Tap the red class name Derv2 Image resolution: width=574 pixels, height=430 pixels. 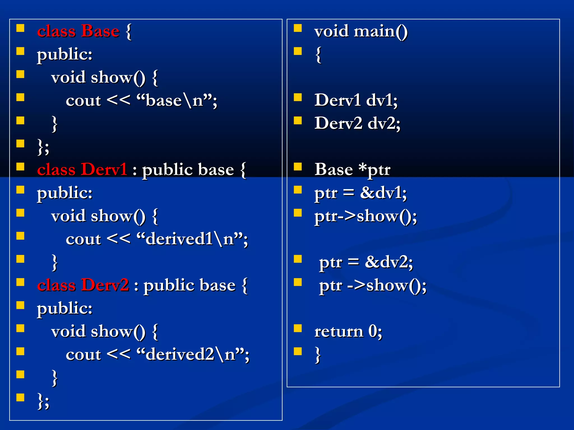click(105, 285)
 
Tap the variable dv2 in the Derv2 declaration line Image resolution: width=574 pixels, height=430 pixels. click(384, 123)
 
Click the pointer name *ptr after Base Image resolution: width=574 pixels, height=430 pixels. click(374, 169)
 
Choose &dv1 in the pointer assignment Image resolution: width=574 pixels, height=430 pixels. click(383, 193)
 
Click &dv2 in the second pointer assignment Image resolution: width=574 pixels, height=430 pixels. click(388, 262)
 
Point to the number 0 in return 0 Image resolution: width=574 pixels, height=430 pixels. click(372, 331)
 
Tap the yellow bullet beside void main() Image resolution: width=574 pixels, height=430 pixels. click(298, 28)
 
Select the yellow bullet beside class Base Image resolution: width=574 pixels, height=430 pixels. click(20, 28)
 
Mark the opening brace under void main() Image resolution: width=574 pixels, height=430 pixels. click(318, 54)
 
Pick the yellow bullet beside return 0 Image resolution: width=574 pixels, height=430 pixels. click(298, 328)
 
